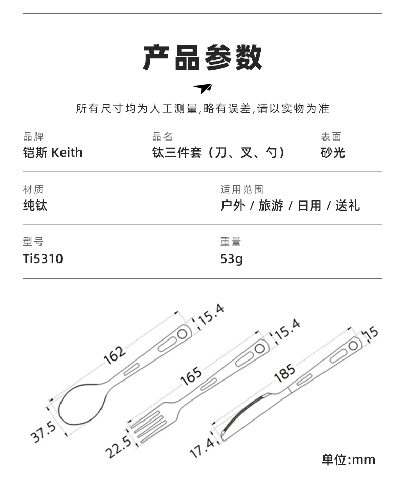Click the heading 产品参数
(x=202, y=57)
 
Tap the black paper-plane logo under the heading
(x=202, y=88)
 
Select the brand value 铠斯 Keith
(x=53, y=153)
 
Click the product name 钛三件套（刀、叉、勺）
(x=218, y=153)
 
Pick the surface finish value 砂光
(x=333, y=153)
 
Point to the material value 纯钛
(x=35, y=206)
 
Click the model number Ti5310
(x=43, y=258)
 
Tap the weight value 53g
(x=231, y=258)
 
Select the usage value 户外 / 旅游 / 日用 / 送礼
(x=290, y=206)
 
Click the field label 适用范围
(x=242, y=189)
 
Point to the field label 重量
(x=231, y=242)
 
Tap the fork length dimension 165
(x=191, y=377)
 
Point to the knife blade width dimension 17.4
(x=202, y=448)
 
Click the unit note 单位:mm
(x=349, y=459)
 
